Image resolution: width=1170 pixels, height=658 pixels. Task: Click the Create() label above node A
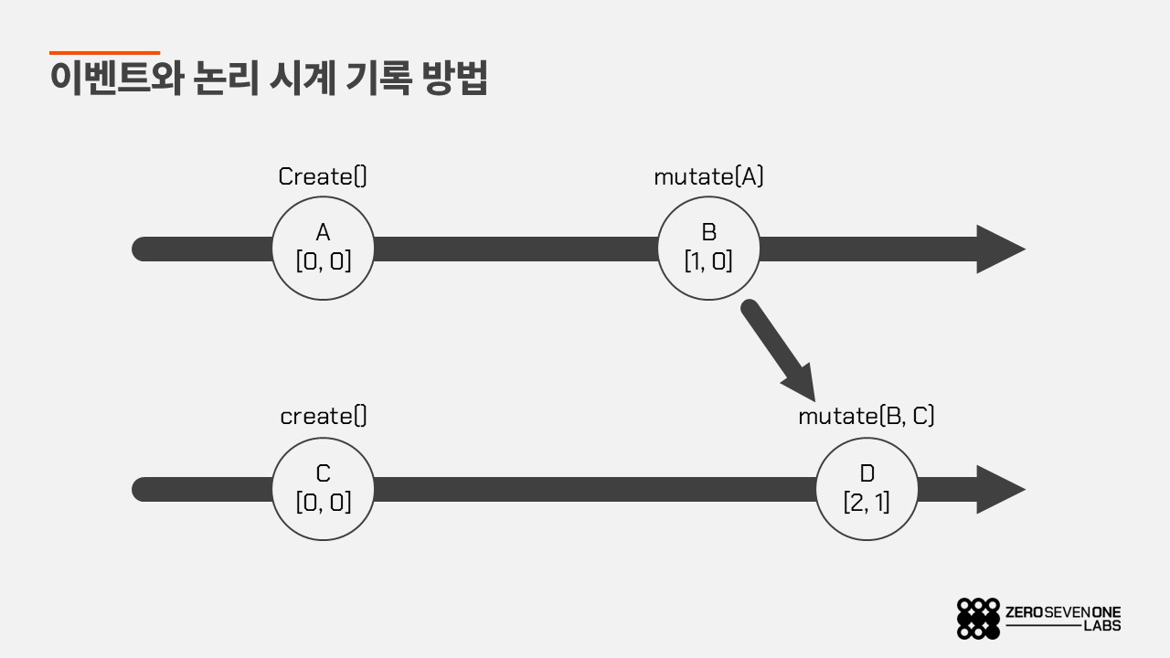323,176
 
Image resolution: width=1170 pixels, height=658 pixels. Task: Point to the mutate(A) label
708,176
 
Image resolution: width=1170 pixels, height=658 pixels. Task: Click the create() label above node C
324,416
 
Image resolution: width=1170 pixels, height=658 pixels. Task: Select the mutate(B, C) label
866,416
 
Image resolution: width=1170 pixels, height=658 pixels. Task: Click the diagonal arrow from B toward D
778,350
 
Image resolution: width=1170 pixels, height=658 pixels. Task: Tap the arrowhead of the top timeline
1000,249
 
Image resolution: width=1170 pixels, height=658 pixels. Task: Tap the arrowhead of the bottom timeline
1000,489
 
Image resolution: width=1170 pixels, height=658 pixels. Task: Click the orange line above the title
104,53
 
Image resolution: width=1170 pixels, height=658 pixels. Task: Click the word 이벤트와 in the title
116,79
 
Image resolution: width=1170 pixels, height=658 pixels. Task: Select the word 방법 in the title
454,79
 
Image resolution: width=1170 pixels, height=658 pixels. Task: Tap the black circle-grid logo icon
978,619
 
